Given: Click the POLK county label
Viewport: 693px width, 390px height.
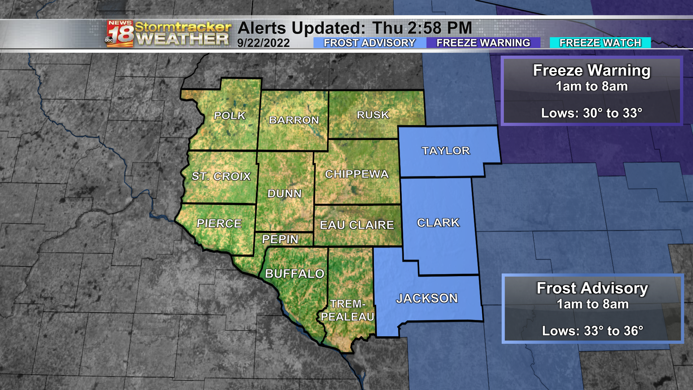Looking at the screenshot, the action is [x=230, y=116].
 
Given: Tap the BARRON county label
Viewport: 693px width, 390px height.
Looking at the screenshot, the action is [x=294, y=120].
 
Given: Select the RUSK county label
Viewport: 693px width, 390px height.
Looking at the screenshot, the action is [x=373, y=115].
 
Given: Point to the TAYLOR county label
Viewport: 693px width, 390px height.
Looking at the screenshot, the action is [x=446, y=151].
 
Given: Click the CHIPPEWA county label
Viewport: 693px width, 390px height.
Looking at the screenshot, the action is [x=357, y=174].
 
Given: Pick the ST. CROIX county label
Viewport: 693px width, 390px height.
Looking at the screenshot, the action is [x=221, y=176].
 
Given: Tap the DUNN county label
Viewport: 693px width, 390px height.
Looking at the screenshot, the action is [x=284, y=194].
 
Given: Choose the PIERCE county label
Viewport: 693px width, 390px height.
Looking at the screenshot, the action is [x=219, y=224].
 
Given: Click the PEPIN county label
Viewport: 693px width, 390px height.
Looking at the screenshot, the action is [x=280, y=239].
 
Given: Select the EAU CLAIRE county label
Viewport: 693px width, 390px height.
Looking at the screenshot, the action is [x=357, y=225].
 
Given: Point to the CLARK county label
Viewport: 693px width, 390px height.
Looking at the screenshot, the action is [x=438, y=223].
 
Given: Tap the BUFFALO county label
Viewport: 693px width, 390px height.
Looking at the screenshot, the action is [x=295, y=274].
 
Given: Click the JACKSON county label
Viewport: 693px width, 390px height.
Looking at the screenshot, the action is [x=427, y=298].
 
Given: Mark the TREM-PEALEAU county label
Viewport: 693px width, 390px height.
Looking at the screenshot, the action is [x=348, y=310].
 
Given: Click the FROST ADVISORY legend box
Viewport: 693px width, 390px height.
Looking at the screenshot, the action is [x=370, y=43].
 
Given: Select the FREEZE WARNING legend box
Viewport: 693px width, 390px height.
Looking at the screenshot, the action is [x=483, y=43].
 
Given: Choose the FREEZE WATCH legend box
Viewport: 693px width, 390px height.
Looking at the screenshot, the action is [x=600, y=43].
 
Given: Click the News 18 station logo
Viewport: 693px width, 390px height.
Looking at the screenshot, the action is [x=120, y=34].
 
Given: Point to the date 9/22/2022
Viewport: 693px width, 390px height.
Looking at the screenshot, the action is [x=263, y=43].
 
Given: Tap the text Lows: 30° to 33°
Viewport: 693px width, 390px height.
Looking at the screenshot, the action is [x=591, y=113].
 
